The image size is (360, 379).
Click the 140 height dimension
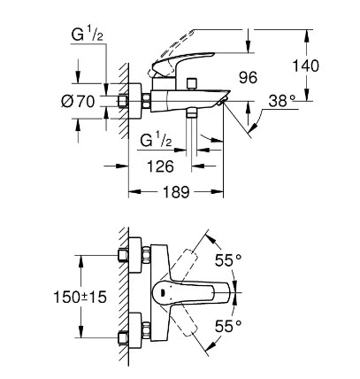click(305, 66)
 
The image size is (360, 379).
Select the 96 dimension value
click(248, 78)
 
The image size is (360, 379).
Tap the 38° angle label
click(281, 101)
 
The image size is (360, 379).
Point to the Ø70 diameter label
click(78, 102)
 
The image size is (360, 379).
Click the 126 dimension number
click(160, 166)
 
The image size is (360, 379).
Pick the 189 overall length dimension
click(175, 192)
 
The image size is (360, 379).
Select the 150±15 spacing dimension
click(80, 297)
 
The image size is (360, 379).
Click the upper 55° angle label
click(228, 260)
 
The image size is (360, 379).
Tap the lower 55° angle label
click(228, 326)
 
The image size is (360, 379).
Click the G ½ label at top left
click(88, 35)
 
